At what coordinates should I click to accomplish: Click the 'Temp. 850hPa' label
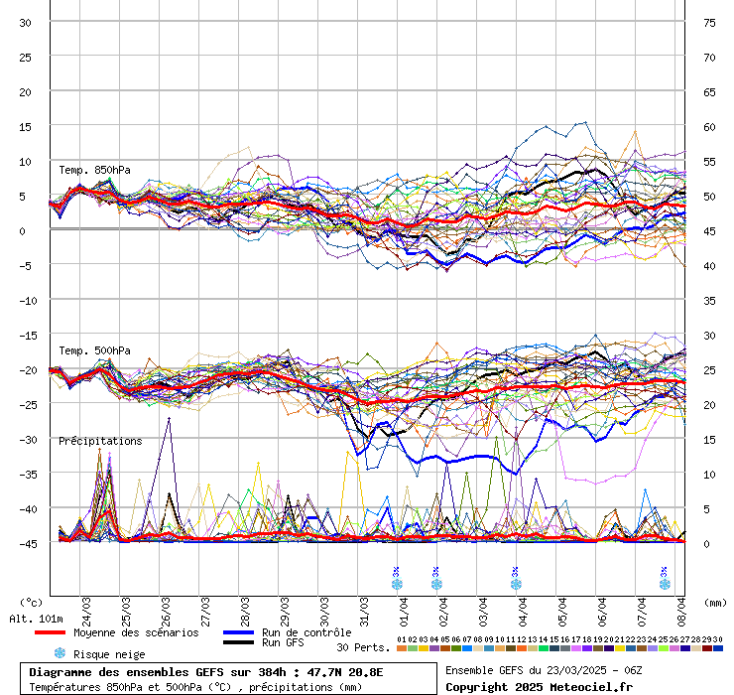tap(94, 170)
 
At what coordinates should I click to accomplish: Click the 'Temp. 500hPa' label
tap(94, 350)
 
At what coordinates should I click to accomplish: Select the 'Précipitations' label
tap(100, 441)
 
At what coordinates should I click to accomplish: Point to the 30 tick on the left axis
tap(26, 23)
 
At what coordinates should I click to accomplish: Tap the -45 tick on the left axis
tap(26, 543)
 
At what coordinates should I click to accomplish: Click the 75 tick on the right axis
tap(709, 23)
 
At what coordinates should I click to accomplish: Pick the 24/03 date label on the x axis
tap(87, 605)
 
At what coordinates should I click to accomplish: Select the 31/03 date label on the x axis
tap(365, 605)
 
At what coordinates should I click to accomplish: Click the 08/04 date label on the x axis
tap(682, 605)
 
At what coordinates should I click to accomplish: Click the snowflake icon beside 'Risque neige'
tap(60, 653)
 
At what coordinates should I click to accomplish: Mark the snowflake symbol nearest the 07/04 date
tap(665, 584)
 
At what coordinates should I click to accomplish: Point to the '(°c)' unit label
tap(32, 603)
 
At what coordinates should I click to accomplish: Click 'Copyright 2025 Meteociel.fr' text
tap(539, 687)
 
